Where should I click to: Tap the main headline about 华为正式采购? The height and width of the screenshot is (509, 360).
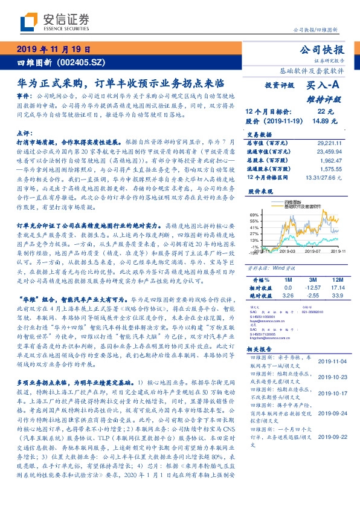coord(121,82)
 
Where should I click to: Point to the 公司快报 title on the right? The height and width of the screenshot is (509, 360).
coord(327,50)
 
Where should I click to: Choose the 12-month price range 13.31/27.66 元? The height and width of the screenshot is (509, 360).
coord(325,178)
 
